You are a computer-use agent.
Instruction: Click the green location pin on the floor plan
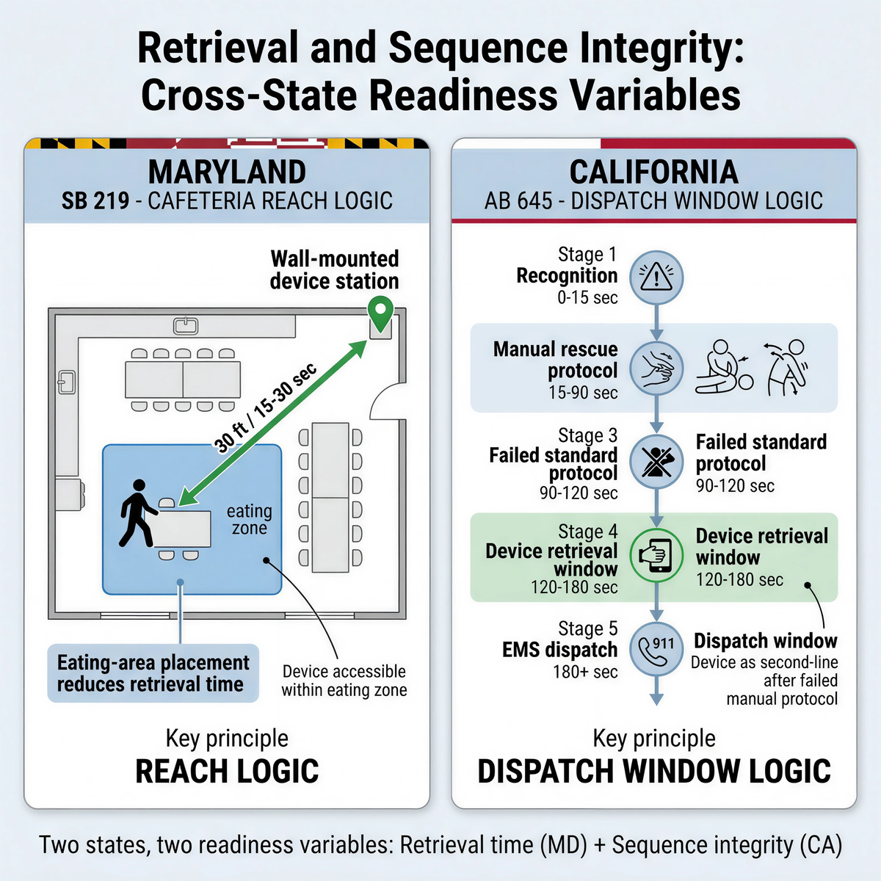tap(380, 313)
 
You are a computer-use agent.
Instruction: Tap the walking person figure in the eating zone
tap(137, 513)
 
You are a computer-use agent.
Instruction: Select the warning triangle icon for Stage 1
tap(656, 278)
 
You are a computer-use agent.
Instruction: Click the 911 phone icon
tap(656, 648)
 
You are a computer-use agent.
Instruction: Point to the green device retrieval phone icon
tap(656, 555)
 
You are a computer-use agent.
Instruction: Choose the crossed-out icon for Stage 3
tap(656, 461)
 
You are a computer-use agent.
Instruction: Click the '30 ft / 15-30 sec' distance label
tap(266, 407)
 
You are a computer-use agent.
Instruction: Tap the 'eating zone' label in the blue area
tap(249, 519)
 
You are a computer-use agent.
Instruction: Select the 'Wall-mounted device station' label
tap(334, 270)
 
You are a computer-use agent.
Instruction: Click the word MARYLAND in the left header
tap(227, 173)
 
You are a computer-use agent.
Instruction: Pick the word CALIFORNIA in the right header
tap(653, 173)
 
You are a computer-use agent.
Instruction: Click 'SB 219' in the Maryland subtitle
tap(95, 201)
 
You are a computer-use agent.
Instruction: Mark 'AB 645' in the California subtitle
tap(518, 201)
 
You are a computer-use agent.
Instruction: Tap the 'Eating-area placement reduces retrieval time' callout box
tap(153, 673)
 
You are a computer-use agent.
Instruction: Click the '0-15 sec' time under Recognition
tap(587, 297)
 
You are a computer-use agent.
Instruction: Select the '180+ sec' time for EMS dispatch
tap(585, 672)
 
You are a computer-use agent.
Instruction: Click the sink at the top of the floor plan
tap(186, 325)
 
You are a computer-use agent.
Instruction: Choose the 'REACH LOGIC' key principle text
tap(227, 772)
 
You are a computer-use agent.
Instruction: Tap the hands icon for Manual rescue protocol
tap(656, 368)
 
